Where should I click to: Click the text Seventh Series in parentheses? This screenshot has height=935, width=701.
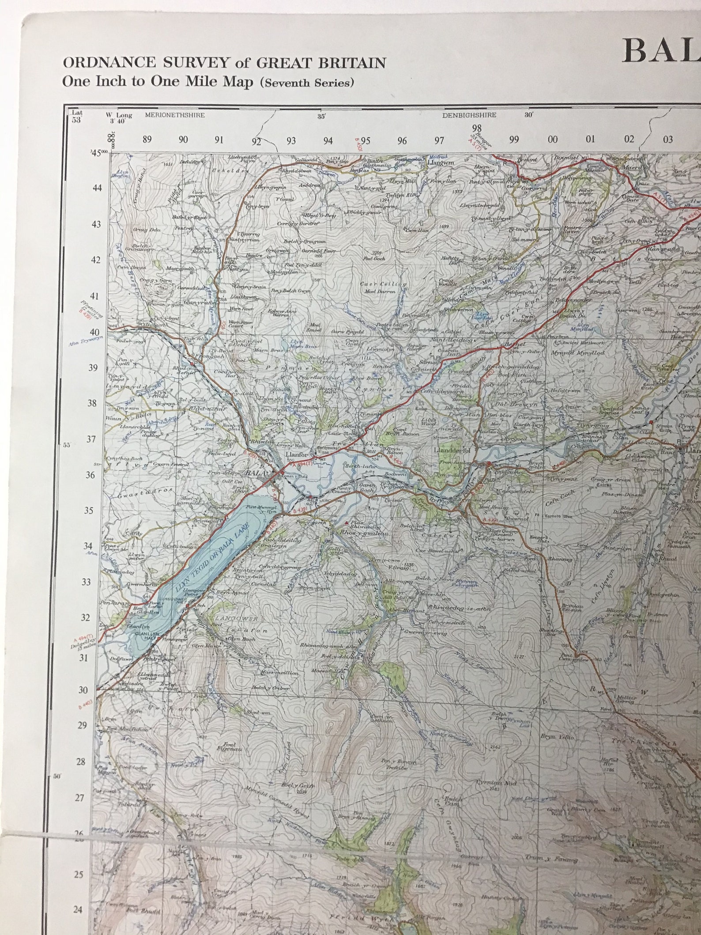[307, 83]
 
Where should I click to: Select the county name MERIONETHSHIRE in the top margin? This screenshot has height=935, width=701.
[175, 115]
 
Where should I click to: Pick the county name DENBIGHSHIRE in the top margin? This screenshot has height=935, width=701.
[469, 115]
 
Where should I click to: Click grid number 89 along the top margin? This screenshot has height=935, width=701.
[147, 140]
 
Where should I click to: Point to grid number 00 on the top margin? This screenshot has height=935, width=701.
[552, 140]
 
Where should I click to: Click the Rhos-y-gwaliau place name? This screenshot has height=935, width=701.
[365, 534]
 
